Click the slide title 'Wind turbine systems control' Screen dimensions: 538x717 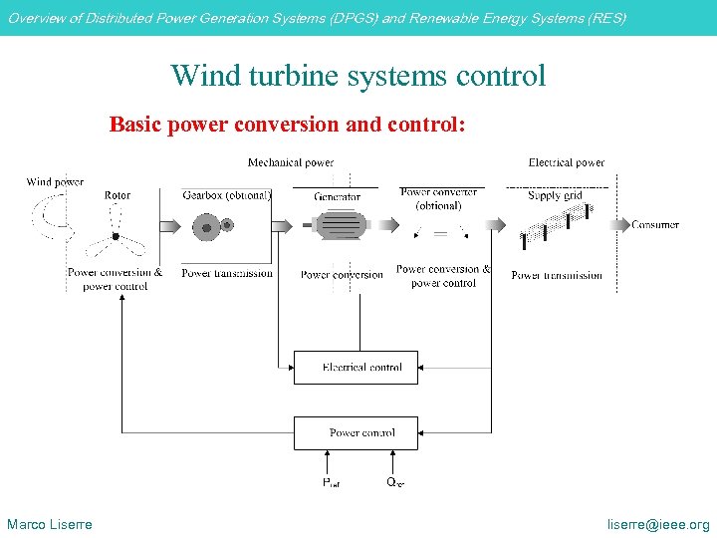[358, 76]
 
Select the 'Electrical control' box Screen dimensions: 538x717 [356, 368]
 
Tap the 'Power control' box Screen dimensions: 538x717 [356, 432]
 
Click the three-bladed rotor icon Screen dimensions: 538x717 [116, 235]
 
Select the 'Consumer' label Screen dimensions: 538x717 [654, 225]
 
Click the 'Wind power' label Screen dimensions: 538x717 [55, 182]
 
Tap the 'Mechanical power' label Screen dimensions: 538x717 [291, 162]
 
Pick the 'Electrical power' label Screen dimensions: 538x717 [566, 162]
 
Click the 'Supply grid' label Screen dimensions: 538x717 [555, 196]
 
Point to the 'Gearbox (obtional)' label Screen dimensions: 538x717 [227, 196]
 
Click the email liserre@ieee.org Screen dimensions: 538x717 [659, 525]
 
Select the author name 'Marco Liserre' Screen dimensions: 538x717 [50, 525]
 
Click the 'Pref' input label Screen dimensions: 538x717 [331, 483]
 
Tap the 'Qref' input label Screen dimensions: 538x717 [395, 483]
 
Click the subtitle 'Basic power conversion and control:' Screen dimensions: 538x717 [287, 126]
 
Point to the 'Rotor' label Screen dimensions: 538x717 [117, 196]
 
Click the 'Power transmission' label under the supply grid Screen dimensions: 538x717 [557, 276]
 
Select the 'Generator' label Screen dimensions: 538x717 [338, 197]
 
